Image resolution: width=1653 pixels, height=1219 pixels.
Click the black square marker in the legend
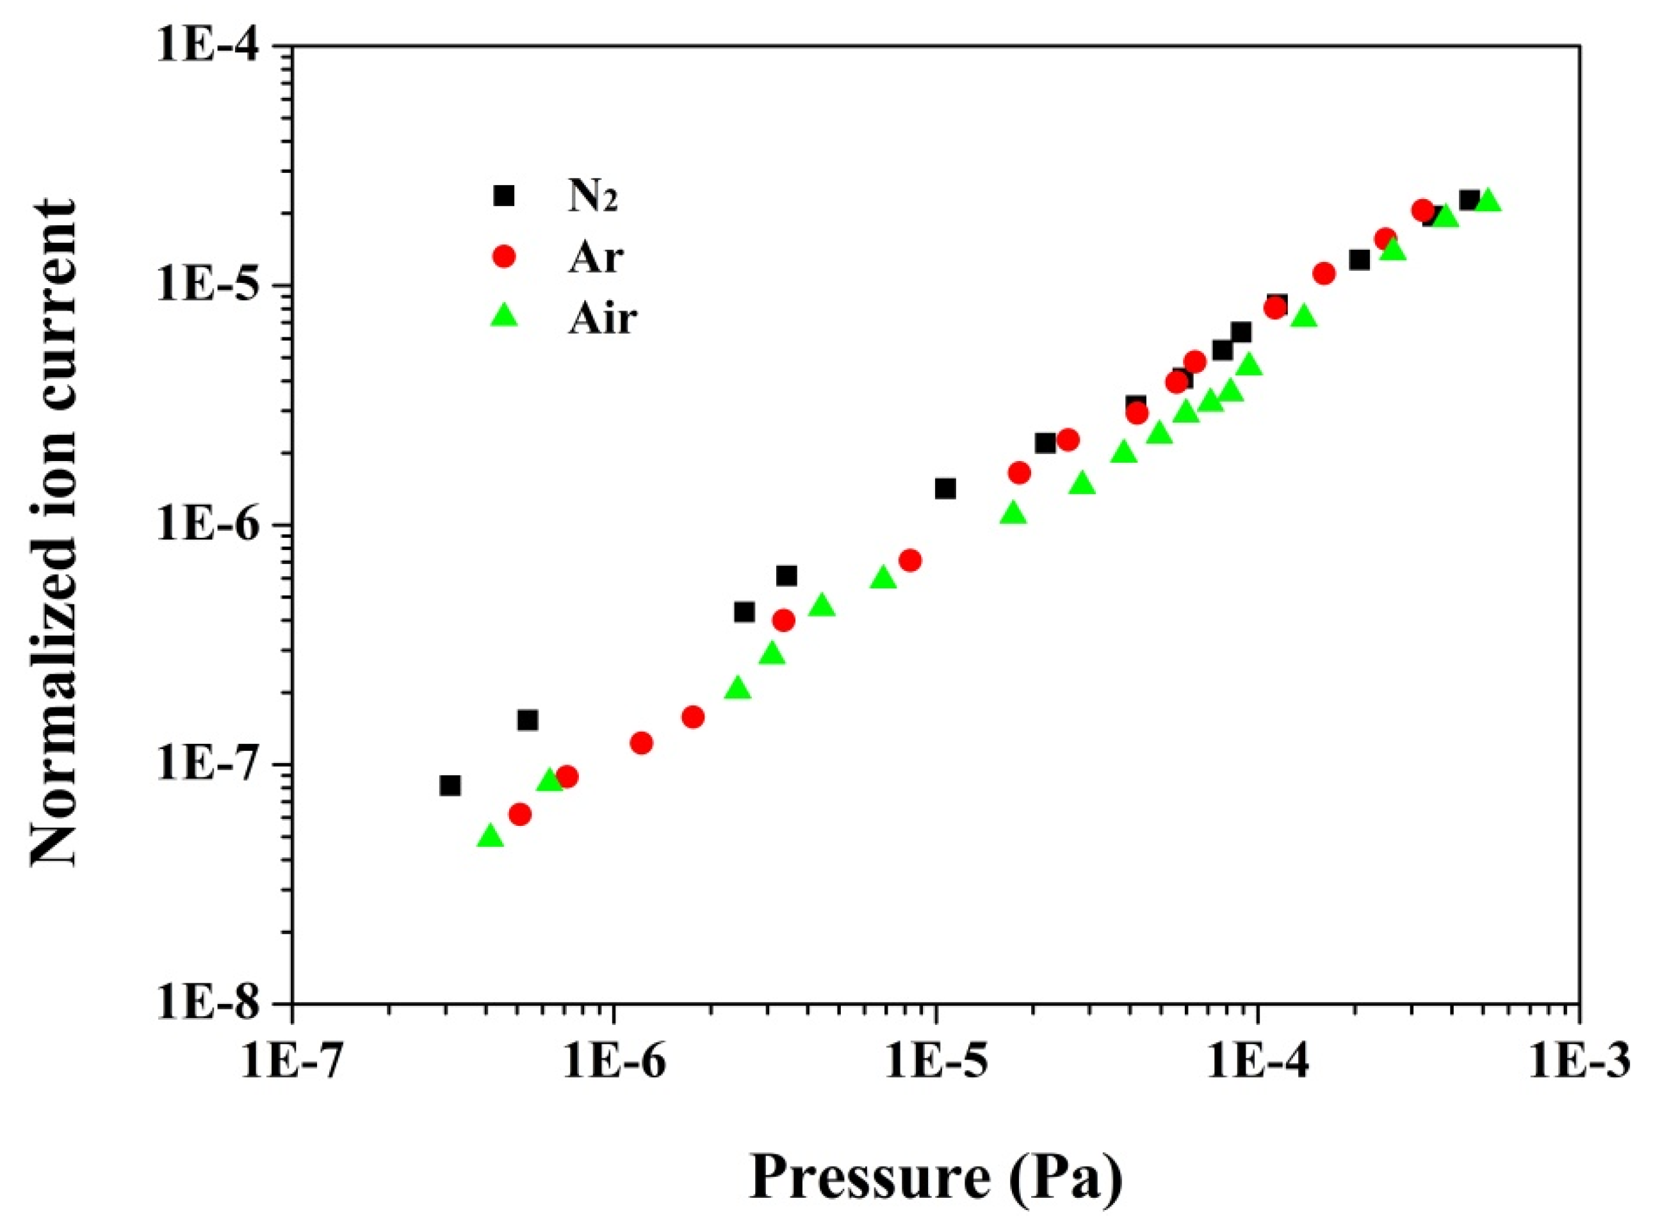[x=504, y=195]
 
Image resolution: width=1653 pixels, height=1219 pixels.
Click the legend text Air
[x=601, y=319]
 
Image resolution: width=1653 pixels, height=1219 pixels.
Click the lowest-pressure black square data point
[x=450, y=786]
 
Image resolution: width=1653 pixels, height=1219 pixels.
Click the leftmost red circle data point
[x=520, y=814]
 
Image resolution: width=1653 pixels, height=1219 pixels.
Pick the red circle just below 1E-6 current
[x=910, y=561]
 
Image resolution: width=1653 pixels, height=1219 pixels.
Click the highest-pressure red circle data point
[x=1423, y=210]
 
